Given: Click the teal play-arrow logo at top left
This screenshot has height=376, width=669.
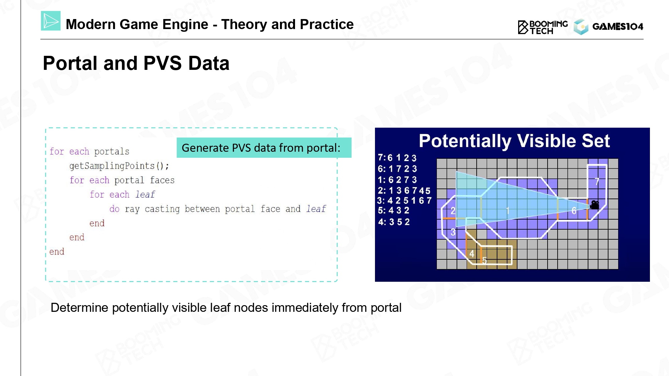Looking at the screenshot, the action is click(51, 21).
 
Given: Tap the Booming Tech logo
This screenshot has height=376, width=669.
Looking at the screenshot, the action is click(543, 27).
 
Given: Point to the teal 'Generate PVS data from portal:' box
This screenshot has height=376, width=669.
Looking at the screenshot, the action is click(264, 148).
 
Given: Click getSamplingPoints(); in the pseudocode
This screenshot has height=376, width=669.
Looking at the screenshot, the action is click(119, 166).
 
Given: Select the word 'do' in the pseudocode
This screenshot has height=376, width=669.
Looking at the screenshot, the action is click(114, 209).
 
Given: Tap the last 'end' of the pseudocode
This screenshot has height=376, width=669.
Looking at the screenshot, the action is click(57, 252).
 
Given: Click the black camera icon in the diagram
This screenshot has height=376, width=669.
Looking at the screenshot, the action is click(594, 205).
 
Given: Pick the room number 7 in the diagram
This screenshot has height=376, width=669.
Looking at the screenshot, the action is click(597, 181).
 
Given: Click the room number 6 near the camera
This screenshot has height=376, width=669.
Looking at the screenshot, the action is click(574, 211).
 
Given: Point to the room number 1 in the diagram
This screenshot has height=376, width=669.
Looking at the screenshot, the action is click(508, 211).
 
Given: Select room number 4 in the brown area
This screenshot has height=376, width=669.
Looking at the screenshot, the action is click(472, 254).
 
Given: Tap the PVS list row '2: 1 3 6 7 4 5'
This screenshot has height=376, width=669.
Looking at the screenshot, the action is click(404, 191).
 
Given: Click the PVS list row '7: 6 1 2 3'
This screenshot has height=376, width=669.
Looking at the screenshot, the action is click(397, 158).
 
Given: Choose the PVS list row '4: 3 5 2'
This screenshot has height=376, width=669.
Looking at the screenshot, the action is click(394, 222).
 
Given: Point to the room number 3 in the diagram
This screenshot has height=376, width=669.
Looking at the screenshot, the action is click(453, 232).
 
